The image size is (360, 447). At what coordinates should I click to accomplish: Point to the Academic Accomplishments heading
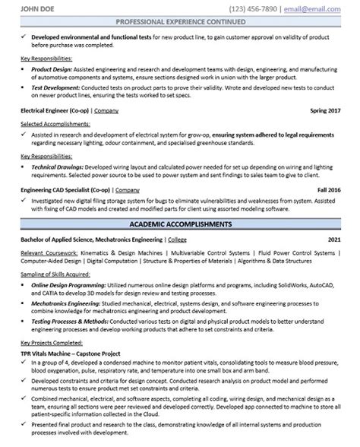(x=179, y=225)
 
